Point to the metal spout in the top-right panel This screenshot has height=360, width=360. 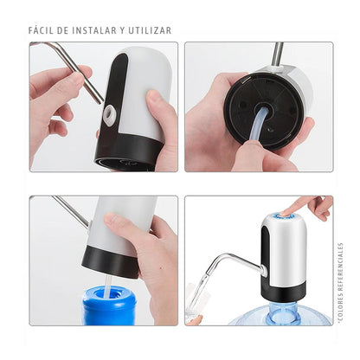click(277, 54)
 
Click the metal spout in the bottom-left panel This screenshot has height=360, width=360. click(69, 212)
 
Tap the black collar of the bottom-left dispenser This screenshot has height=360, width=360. click(109, 259)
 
